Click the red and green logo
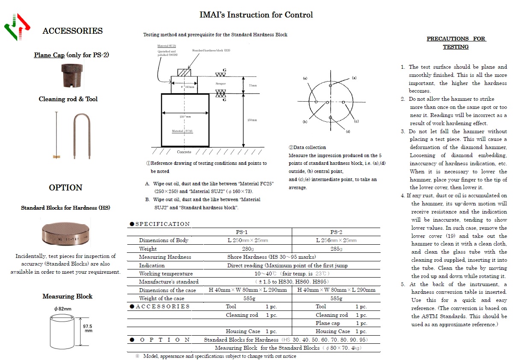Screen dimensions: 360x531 pyautogui.click(x=17, y=27)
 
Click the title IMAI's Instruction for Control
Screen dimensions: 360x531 pyautogui.click(x=256, y=15)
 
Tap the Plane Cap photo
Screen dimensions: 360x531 pyautogui.click(x=71, y=75)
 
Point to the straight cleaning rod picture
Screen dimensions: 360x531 pyautogui.click(x=56, y=135)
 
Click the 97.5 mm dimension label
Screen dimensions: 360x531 pyautogui.click(x=88, y=328)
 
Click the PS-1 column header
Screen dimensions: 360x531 pyautogui.click(x=241, y=232)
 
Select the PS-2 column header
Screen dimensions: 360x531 pyautogui.click(x=336, y=232)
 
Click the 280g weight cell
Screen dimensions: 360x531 pyautogui.click(x=241, y=249)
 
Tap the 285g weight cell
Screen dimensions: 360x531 pyautogui.click(x=336, y=249)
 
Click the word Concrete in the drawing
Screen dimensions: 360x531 pyautogui.click(x=184, y=152)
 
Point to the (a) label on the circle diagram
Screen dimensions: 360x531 pyautogui.click(x=354, y=78)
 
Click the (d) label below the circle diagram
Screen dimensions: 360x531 pyautogui.click(x=348, y=132)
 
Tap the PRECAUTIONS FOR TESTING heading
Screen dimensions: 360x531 pyautogui.click(x=456, y=43)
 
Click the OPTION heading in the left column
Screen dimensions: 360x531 pyautogui.click(x=65, y=188)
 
